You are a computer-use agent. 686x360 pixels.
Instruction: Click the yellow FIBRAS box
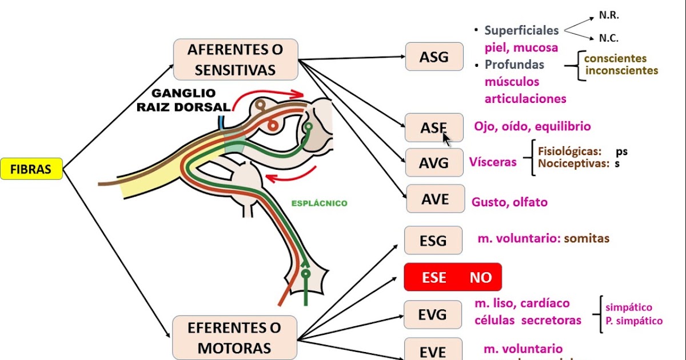tap(31, 169)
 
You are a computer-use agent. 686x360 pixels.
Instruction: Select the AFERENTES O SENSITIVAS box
tap(235, 59)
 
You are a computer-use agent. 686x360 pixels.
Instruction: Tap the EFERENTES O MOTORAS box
tap(235, 337)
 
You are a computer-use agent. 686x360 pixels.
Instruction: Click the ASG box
tap(434, 57)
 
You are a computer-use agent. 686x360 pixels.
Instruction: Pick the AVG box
tap(434, 163)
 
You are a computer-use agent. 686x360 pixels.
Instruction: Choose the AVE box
tap(434, 199)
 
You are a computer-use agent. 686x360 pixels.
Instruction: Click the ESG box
tap(433, 240)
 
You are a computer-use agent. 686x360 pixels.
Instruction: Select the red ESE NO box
tap(452, 277)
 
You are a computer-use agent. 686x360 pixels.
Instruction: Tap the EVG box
tap(433, 315)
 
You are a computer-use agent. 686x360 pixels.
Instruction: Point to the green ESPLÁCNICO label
tap(319, 203)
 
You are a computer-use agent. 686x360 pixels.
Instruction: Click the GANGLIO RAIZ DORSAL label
tap(184, 99)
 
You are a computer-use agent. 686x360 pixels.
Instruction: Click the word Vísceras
tap(492, 162)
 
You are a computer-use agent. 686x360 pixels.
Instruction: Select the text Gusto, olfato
tap(509, 202)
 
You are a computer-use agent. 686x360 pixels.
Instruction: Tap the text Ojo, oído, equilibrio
tap(532, 126)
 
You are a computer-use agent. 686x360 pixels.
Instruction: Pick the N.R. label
tap(608, 15)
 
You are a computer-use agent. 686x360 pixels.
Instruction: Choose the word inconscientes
tap(622, 71)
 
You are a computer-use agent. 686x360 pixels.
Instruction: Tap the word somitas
tap(587, 238)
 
